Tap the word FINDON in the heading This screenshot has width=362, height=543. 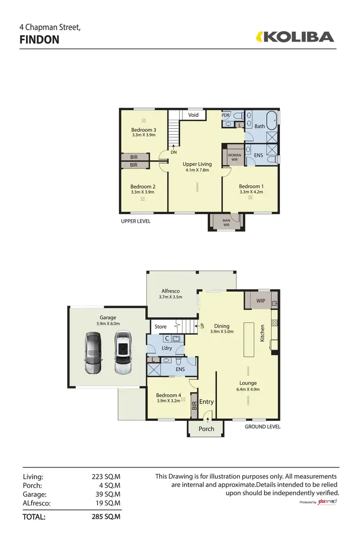pyautogui.click(x=40, y=40)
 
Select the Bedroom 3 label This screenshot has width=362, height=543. pyautogui.click(x=143, y=130)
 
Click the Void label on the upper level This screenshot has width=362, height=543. pyautogui.click(x=194, y=115)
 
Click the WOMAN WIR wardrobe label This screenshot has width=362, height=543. pyautogui.click(x=234, y=157)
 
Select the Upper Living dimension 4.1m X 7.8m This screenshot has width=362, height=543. pyautogui.click(x=197, y=170)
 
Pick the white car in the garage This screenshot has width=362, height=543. pyautogui.click(x=123, y=352)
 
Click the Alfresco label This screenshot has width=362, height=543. pyautogui.click(x=170, y=291)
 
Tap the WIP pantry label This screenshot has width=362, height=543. pyautogui.click(x=261, y=300)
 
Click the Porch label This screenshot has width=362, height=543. pyautogui.click(x=206, y=429)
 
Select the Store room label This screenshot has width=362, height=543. pyautogui.click(x=160, y=327)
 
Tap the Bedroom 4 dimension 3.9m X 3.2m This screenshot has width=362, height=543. pyautogui.click(x=168, y=401)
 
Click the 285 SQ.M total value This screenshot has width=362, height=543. pyautogui.click(x=106, y=517)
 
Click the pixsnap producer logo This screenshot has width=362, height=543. pyautogui.click(x=327, y=502)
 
